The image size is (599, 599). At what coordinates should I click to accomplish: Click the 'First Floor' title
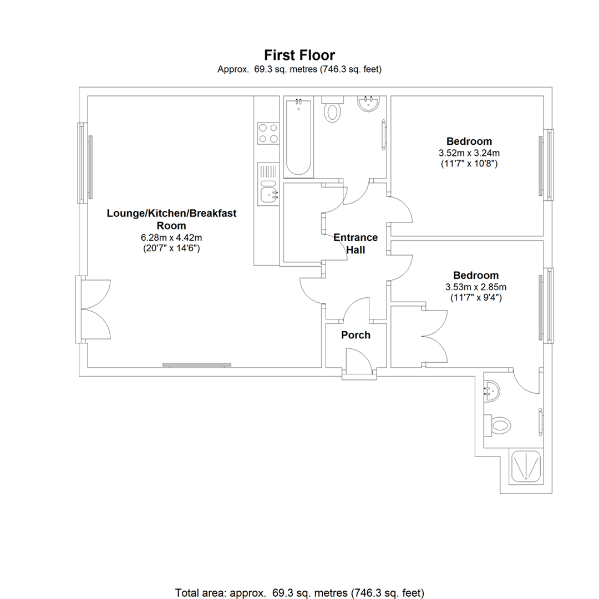click(299, 55)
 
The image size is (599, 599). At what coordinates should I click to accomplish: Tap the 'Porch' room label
click(356, 335)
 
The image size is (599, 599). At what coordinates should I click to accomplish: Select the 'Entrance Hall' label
click(356, 243)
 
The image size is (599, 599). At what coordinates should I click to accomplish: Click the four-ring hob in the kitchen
click(267, 133)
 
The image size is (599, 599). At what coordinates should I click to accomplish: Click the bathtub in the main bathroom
click(298, 136)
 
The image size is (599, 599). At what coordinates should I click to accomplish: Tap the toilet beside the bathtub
click(333, 111)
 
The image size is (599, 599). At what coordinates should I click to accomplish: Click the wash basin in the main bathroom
click(368, 104)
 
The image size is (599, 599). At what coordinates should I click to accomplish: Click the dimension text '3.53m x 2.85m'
click(476, 287)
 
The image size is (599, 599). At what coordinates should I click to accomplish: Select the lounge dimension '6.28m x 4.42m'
click(171, 237)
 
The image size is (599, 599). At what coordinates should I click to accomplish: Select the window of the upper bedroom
click(546, 165)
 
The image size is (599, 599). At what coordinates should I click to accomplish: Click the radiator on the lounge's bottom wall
click(197, 365)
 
